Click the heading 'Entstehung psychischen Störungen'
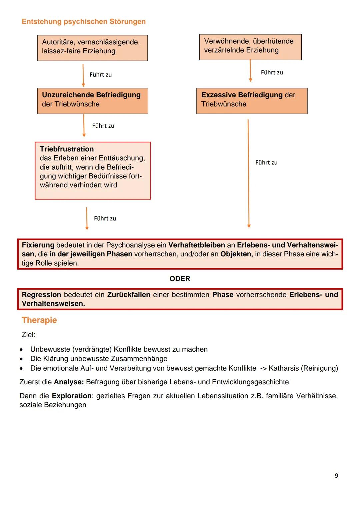pyautogui.click(x=84, y=22)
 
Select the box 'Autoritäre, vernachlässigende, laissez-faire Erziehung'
pyautogui.click(x=92, y=48)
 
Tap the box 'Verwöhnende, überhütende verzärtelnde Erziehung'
pyautogui.click(x=250, y=47)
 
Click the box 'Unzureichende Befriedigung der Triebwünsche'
pyautogui.click(x=92, y=101)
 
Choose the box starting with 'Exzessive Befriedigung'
pyautogui.click(x=252, y=101)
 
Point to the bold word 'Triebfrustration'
pyautogui.click(x=67, y=149)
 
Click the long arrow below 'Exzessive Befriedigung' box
pyautogui.click(x=248, y=173)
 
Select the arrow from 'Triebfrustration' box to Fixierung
pyautogui.click(x=87, y=219)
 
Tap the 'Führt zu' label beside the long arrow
pyautogui.click(x=266, y=163)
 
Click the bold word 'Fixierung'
pyautogui.click(x=38, y=245)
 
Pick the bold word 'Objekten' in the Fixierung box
pyautogui.click(x=236, y=254)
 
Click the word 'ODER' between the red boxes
pyautogui.click(x=180, y=279)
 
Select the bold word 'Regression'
pyautogui.click(x=41, y=295)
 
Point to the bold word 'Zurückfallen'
pyautogui.click(x=129, y=295)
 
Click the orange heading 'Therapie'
pyautogui.click(x=39, y=320)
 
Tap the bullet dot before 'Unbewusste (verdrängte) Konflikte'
pyautogui.click(x=21, y=350)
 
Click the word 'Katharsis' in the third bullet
pyautogui.click(x=283, y=368)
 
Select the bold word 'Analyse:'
pyautogui.click(x=69, y=382)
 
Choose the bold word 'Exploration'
pyautogui.click(x=72, y=396)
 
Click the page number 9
pyautogui.click(x=336, y=476)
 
